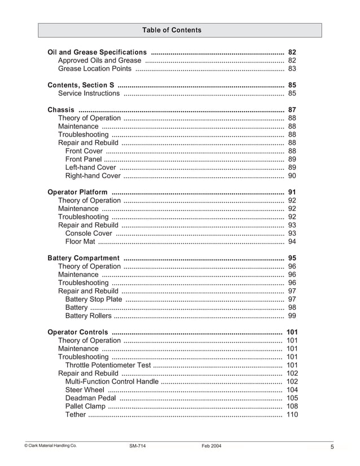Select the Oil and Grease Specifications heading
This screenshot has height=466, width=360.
click(97, 52)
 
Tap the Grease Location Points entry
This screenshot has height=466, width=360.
click(95, 69)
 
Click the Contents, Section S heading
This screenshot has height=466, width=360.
click(81, 85)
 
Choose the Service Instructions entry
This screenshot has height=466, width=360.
click(89, 94)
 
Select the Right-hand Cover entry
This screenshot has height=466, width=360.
click(93, 176)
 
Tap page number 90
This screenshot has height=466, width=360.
click(292, 176)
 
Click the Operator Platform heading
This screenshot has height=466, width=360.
click(77, 192)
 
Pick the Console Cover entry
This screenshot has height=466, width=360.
click(89, 234)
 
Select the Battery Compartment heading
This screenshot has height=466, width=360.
click(84, 258)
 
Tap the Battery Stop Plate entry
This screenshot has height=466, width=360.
click(93, 300)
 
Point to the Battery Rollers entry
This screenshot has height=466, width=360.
click(88, 316)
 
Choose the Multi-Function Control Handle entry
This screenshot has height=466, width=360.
click(112, 382)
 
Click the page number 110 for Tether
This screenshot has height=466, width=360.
click(292, 415)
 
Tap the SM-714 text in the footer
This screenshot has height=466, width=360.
click(137, 446)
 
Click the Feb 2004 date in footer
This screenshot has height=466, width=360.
click(211, 446)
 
